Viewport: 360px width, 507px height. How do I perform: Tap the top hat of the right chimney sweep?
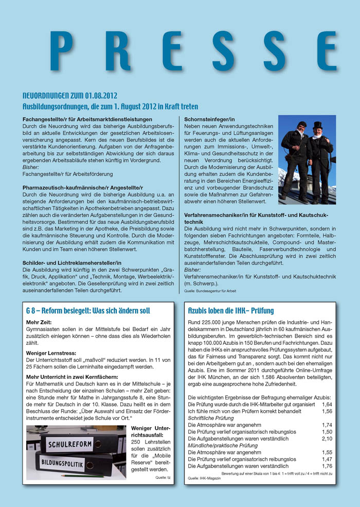(317, 125)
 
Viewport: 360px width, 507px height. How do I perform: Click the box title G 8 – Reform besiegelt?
(88, 311)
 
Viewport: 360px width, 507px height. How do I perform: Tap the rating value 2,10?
(327, 439)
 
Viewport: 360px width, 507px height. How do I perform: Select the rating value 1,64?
(327, 405)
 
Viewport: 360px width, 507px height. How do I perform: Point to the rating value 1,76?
(327, 466)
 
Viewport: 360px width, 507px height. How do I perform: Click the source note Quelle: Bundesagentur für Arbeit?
(210, 291)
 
